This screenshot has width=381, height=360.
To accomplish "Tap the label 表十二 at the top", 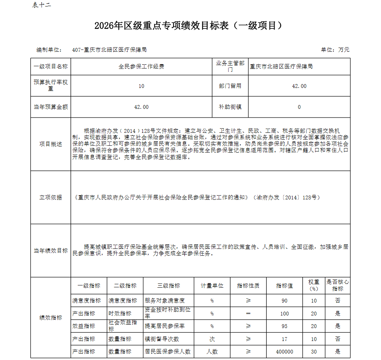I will tap(42, 5).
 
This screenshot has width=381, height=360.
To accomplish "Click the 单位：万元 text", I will tap(335, 50).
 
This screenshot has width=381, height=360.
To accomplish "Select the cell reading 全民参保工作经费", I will tap(141, 67).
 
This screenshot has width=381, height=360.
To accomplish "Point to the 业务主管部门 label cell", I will tap(230, 66).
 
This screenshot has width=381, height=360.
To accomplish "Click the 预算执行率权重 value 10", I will tap(141, 86).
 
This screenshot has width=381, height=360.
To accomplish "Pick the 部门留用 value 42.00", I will tap(299, 86).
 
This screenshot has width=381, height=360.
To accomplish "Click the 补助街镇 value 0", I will tap(299, 107).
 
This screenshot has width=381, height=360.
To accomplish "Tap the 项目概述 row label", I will tap(51, 144).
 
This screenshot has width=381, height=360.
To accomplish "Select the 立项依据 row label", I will tap(51, 198).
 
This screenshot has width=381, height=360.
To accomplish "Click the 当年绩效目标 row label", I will tap(51, 251).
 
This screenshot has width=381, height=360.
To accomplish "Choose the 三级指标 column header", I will tap(169, 286).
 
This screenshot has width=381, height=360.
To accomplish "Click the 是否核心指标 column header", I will tap(338, 285).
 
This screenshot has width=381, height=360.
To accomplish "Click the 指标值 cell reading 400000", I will tap(285, 352).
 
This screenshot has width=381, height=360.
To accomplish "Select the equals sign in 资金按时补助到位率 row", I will tap(248, 314).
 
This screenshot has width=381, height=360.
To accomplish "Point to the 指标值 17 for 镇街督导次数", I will tap(285, 339).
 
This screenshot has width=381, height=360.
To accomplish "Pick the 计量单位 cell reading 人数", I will tap(212, 352).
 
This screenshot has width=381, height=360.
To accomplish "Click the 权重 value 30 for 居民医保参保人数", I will tap(314, 352).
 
